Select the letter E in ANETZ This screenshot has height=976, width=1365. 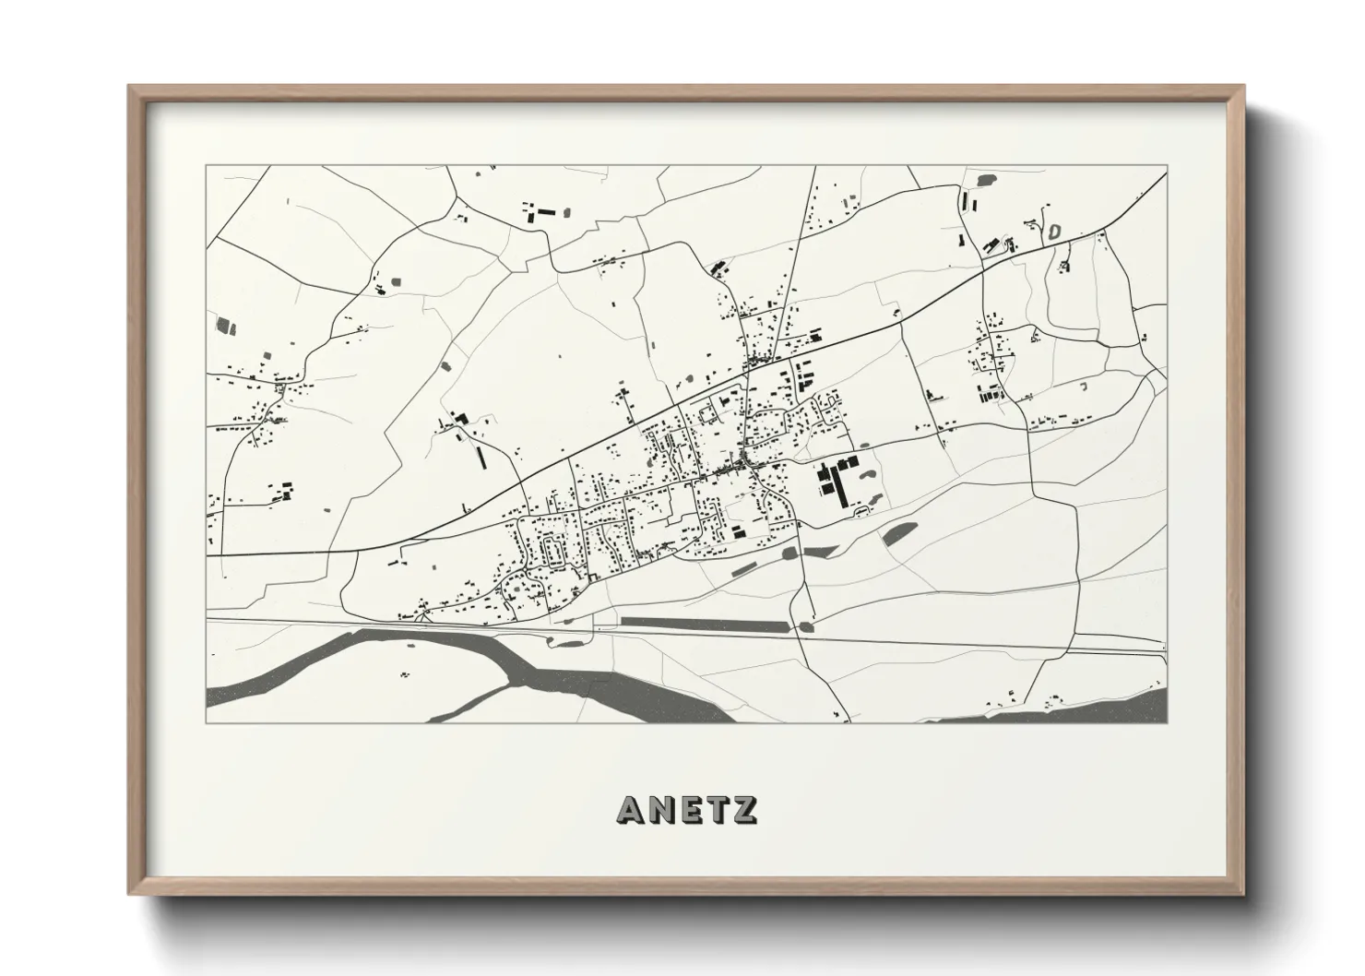pos(692,808)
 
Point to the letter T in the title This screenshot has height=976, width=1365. pos(718,808)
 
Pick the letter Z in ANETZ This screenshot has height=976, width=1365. pos(744,808)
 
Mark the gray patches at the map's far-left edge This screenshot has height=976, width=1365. pos(224,325)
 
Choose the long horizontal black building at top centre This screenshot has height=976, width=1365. pos(547,212)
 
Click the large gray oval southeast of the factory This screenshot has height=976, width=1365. pos(898,533)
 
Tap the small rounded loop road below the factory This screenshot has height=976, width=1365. pos(861,510)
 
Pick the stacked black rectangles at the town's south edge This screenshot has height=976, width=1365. pos(740,530)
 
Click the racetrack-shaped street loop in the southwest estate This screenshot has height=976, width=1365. pos(555,553)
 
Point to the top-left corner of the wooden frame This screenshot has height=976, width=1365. pos(132,89)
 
